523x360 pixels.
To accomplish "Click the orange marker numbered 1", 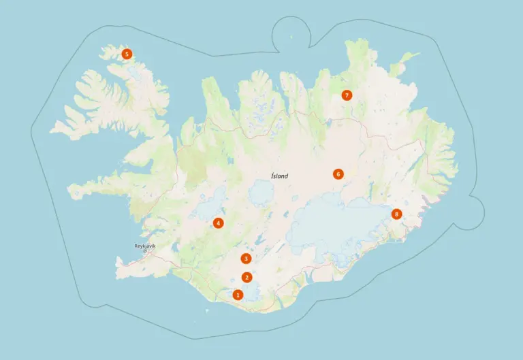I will click(238, 295).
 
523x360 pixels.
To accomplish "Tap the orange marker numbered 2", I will click(247, 277).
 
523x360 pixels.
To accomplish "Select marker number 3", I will click(246, 259).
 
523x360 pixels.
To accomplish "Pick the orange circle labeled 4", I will click(218, 223).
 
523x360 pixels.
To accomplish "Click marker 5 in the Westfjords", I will click(126, 54).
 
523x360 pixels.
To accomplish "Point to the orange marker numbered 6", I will click(338, 174).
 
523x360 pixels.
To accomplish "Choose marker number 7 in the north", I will click(347, 95).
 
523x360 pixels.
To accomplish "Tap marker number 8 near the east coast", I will click(397, 214).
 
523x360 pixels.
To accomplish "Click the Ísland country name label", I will click(279, 176).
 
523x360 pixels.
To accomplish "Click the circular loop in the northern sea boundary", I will click(291, 31).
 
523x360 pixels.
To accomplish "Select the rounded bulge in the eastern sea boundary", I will click(475, 212).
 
